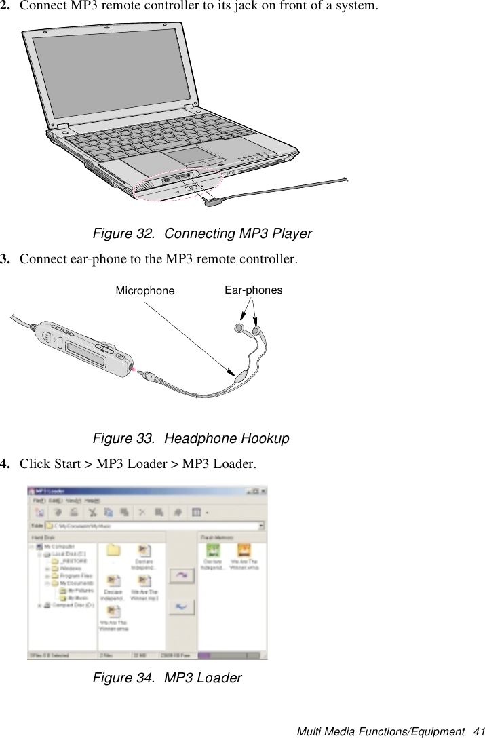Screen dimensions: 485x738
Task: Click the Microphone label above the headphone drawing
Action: point(144,291)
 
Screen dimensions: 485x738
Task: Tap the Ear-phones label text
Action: point(253,290)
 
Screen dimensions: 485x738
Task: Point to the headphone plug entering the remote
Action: point(147,373)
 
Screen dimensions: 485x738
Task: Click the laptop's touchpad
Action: point(192,157)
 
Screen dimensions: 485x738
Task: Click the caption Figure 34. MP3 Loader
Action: point(167,678)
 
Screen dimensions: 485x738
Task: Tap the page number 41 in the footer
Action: point(479,731)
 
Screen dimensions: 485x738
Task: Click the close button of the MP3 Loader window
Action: point(262,491)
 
